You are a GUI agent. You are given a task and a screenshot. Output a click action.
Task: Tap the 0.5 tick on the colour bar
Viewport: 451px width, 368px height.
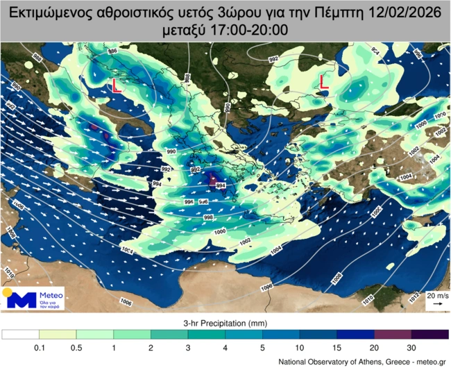click(76, 347)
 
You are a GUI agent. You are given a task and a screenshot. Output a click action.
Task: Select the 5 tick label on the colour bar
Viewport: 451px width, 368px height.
click(262, 347)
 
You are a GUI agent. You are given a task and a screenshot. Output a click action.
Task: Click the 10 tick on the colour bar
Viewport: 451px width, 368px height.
click(299, 347)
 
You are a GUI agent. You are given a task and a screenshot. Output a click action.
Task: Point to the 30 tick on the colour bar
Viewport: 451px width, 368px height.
click(411, 347)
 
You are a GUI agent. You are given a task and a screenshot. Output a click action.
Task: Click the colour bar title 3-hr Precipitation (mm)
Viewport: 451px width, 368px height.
click(225, 324)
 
